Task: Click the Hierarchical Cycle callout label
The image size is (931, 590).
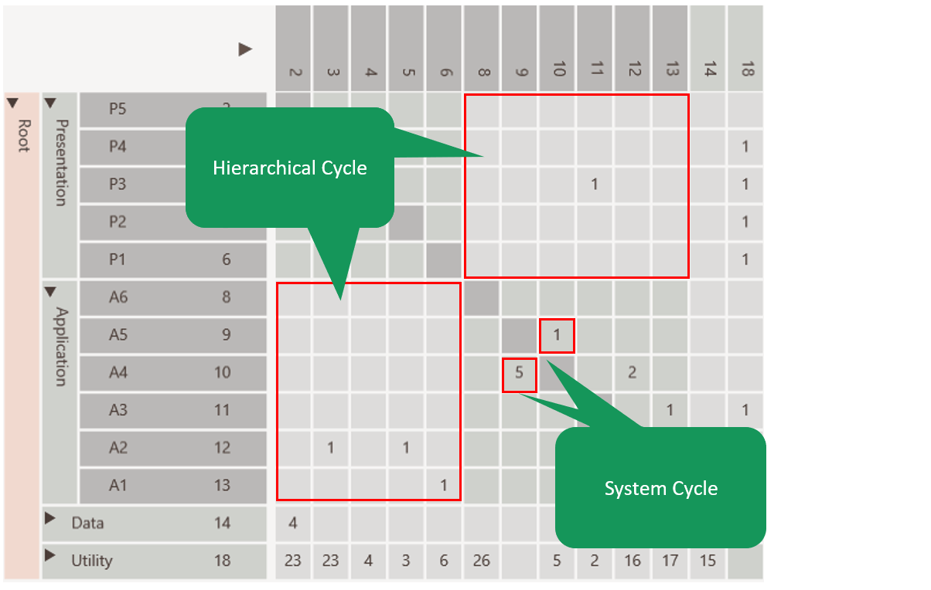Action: [x=289, y=168]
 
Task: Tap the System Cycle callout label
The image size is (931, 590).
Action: [x=660, y=488]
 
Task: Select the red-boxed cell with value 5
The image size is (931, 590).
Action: [x=520, y=373]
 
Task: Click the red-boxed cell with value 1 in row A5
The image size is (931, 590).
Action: [x=557, y=335]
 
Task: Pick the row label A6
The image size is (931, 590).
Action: [x=118, y=297]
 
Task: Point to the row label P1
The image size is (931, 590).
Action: [x=118, y=259]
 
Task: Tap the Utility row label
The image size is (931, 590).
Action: [x=91, y=561]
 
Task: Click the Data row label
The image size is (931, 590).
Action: [x=87, y=523]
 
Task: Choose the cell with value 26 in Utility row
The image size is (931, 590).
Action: [x=481, y=561]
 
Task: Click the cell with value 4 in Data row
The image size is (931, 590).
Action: [x=293, y=523]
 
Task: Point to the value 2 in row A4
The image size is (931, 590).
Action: [x=632, y=373]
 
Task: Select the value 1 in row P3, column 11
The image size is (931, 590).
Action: [x=594, y=185]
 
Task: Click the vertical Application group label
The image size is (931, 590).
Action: [x=61, y=347]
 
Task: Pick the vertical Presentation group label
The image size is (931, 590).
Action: [x=61, y=161]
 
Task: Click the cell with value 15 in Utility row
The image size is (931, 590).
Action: [x=708, y=561]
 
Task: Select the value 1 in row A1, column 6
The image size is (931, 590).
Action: [x=444, y=485]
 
